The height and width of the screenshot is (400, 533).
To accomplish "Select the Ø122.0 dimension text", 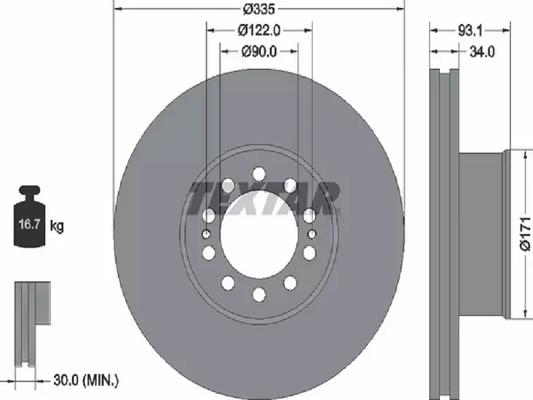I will coord(259,30).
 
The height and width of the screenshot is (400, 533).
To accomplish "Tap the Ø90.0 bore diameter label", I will coord(259,51).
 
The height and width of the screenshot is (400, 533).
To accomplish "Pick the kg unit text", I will coord(57,226).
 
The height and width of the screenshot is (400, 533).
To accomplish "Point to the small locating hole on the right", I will coord(312,234).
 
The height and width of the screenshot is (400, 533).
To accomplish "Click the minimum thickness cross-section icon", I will coord(33,321).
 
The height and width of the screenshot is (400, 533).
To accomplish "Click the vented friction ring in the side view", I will coord(444,233).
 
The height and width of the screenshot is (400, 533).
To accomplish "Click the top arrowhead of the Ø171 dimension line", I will coord(525,154).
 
